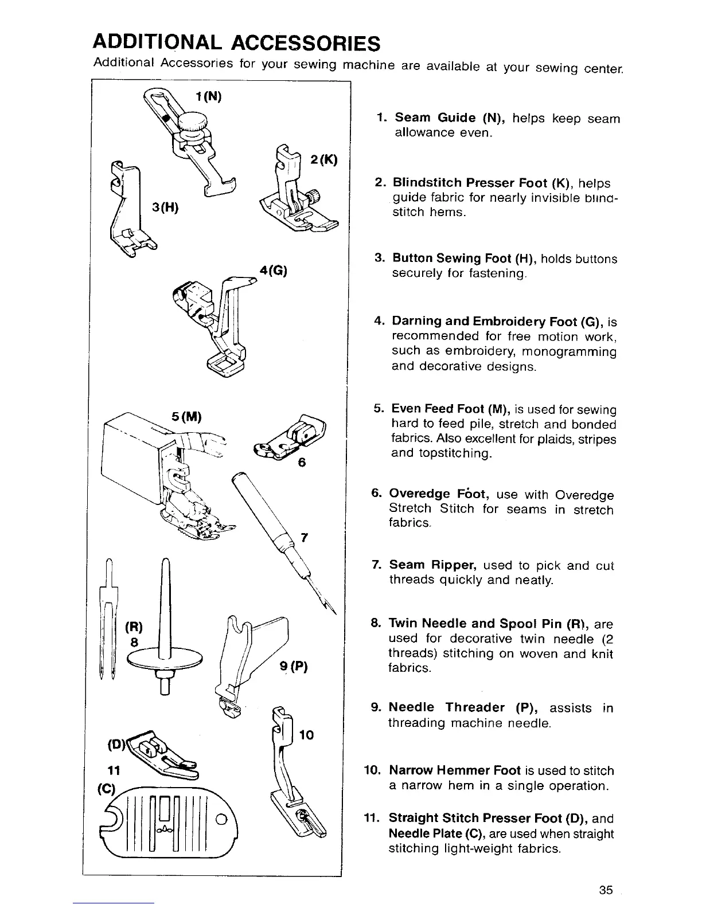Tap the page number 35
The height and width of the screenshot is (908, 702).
click(606, 890)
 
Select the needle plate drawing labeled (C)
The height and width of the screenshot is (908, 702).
click(170, 820)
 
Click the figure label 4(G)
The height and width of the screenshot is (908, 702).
click(272, 270)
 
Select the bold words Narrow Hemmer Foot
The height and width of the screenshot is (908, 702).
click(455, 770)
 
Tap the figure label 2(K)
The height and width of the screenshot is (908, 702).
click(323, 160)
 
